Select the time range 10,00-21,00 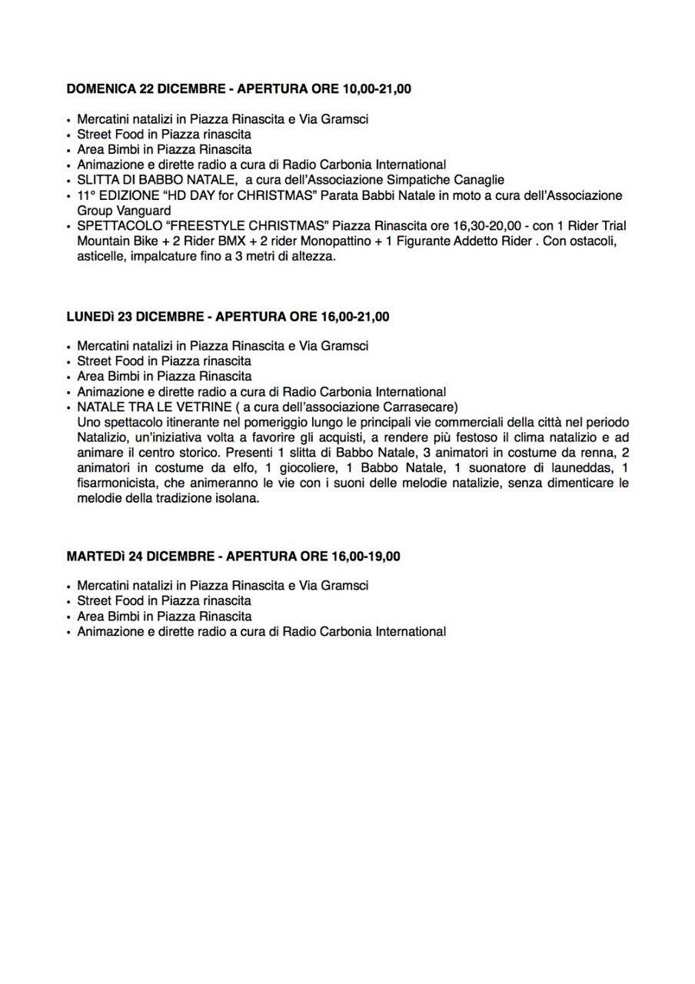coord(375,89)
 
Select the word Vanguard coord(145,211)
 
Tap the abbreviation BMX coord(231,241)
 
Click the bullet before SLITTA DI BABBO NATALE coord(69,181)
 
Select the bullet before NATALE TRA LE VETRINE coord(69,408)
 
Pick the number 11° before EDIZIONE coord(86,195)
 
